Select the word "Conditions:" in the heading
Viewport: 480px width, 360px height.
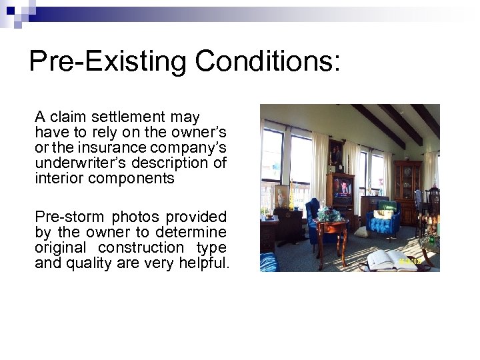[x=268, y=61]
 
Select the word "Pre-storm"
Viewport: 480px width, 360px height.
[x=70, y=217]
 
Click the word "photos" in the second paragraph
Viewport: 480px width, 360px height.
[x=135, y=217]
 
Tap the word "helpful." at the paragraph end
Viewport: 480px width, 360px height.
[x=203, y=263]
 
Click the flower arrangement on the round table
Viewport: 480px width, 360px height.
[x=328, y=215]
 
